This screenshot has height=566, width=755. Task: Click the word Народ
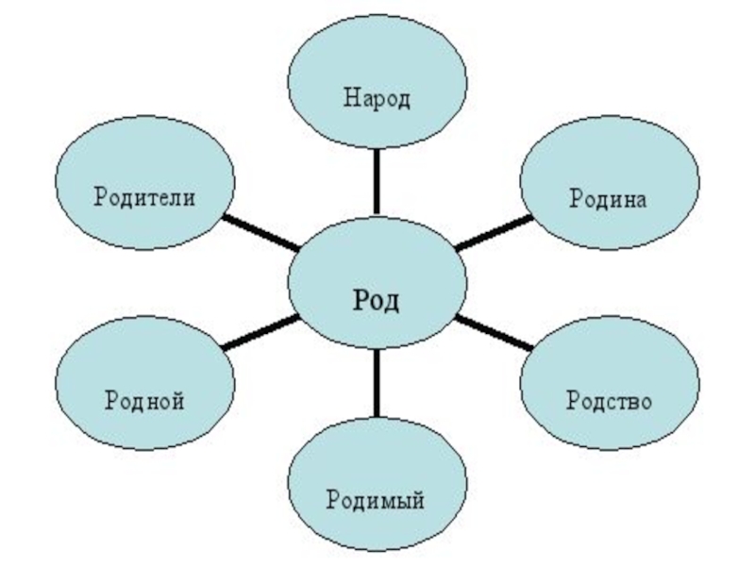(x=377, y=98)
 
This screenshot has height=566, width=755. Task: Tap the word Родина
(x=607, y=199)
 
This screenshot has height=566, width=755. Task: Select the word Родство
(x=609, y=400)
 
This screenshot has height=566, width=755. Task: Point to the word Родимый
(x=375, y=499)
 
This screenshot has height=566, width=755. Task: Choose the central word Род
(x=377, y=300)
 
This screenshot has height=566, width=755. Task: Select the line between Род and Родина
(x=493, y=232)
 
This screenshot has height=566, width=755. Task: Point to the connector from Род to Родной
(x=260, y=333)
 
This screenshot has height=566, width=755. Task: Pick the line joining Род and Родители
(x=260, y=232)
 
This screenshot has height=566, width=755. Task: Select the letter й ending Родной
(x=177, y=400)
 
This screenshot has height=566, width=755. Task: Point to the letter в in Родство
(x=630, y=401)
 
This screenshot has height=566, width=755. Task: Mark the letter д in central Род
(x=393, y=301)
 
